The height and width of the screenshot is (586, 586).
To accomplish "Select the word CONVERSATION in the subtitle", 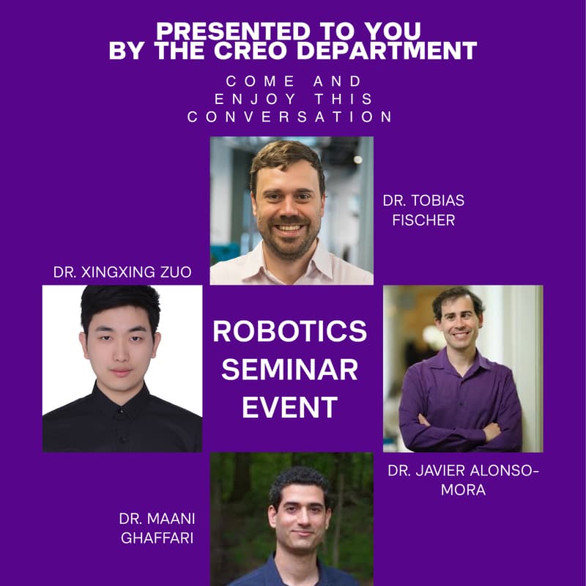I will click(291, 117).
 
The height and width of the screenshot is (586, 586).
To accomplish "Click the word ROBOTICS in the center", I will click(290, 331).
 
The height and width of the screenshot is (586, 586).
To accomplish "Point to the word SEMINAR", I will click(290, 369).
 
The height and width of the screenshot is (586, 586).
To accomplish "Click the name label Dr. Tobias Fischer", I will click(423, 209).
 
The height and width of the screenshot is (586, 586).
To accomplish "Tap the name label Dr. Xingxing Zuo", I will click(122, 272).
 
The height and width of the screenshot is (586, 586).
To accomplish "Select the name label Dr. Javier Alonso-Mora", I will click(462, 481).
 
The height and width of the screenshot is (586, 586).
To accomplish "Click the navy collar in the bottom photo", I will click(293, 571).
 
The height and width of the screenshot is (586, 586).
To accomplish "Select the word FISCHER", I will click(423, 219).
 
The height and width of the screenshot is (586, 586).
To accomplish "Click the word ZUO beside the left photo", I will click(175, 272).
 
